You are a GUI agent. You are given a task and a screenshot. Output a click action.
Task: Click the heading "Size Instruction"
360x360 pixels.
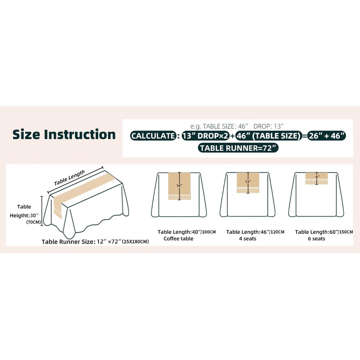click(64, 134)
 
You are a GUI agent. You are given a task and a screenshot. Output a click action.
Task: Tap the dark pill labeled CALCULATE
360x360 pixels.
click(153, 136)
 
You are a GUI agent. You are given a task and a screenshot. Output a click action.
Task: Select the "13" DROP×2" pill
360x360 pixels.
click(206, 136)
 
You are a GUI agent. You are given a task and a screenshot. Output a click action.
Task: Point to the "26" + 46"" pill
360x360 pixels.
click(327, 136)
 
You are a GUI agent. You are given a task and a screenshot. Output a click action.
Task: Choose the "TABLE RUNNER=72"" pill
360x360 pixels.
click(238, 148)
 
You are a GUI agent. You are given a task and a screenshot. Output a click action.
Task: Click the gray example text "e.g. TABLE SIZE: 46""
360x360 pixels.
click(219, 126)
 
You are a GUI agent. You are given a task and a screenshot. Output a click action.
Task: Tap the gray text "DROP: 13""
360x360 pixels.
click(268, 126)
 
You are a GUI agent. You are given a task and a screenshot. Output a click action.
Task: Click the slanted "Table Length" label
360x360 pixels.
click(69, 178)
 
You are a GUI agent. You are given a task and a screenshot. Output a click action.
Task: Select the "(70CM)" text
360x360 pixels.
click(33, 222)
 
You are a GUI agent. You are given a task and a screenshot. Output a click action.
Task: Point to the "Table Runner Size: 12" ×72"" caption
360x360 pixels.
click(81, 242)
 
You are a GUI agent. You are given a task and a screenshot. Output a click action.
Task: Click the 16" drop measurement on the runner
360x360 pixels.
click(179, 185)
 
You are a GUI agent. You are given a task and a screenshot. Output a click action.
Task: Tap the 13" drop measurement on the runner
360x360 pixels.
click(248, 182)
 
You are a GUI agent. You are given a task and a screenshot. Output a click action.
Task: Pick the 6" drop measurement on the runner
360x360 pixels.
click(317, 177)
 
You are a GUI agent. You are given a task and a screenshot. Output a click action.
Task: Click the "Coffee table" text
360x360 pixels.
click(178, 238)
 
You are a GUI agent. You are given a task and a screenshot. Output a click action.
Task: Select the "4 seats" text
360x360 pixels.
click(247, 238)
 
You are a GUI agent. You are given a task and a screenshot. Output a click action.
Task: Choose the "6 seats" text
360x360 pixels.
click(316, 238)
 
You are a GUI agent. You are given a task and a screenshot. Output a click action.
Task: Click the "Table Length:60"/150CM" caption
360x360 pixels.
click(324, 232)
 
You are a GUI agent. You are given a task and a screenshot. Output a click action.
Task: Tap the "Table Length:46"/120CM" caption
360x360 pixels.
click(255, 232)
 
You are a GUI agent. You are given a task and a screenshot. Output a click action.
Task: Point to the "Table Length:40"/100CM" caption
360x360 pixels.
click(187, 232)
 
